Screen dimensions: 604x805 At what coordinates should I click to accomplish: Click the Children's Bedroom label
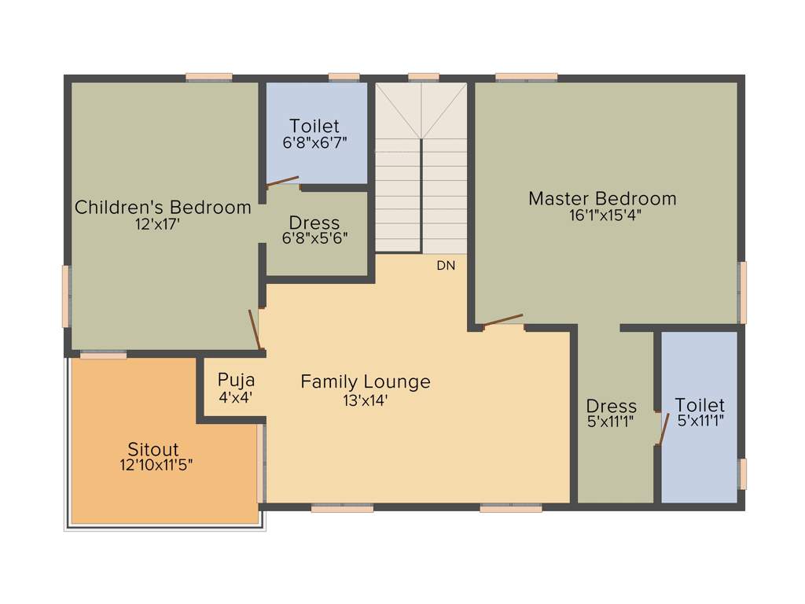tap(163, 208)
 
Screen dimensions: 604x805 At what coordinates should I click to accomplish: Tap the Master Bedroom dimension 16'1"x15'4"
tap(602, 215)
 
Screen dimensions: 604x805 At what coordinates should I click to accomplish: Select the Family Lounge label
tap(366, 382)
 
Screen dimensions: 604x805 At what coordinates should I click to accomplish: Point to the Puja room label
tap(235, 381)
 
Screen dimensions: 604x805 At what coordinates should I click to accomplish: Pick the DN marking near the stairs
tap(446, 266)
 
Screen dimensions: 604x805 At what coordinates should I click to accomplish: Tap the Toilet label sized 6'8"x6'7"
tap(314, 127)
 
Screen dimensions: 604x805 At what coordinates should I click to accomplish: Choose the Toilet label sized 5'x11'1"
tap(700, 406)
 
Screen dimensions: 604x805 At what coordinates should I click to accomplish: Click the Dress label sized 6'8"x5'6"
tap(314, 223)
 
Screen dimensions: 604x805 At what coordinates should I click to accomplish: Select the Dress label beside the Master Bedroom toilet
tap(611, 407)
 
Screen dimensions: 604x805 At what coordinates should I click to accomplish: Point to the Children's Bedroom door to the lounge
tap(255, 330)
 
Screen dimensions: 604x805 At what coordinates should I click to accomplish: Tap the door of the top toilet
tap(282, 182)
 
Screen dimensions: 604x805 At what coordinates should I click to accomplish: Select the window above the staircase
tap(424, 77)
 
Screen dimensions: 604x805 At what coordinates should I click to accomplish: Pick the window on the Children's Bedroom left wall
tap(67, 296)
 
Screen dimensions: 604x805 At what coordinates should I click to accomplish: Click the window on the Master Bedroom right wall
tap(742, 293)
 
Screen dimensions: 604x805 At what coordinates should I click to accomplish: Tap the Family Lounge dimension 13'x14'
tap(366, 400)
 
